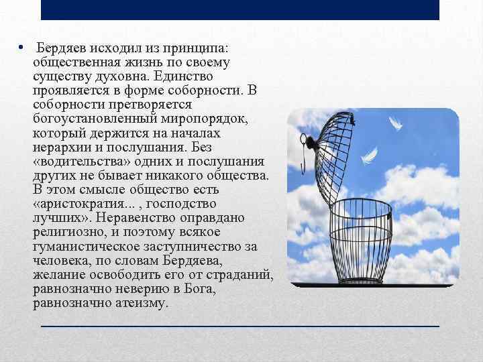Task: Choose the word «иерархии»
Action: [63, 147]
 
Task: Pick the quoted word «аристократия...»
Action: [86, 204]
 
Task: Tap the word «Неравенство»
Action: [138, 218]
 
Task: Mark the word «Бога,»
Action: [156, 289]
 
